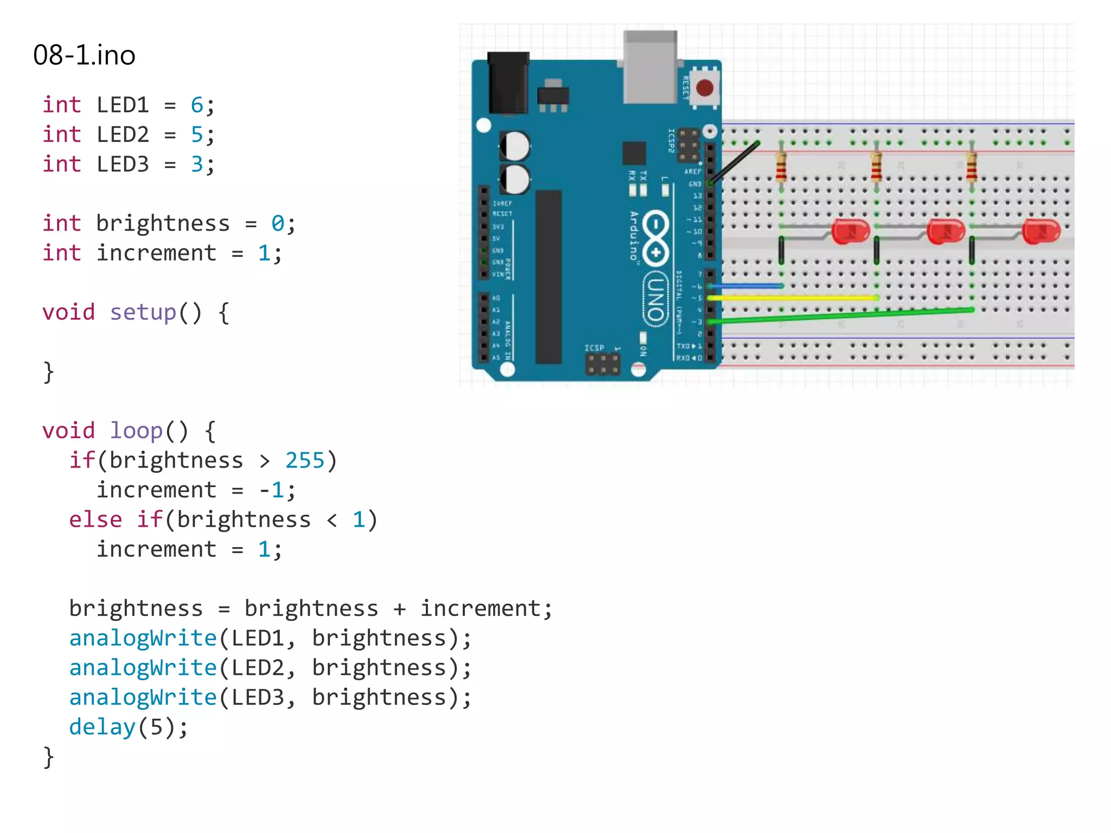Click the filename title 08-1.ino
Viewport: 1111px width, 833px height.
click(84, 55)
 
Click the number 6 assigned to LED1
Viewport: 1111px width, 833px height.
click(196, 105)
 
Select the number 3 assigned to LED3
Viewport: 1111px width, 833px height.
click(196, 164)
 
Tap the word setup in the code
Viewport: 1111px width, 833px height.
click(143, 312)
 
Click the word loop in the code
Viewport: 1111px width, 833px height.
click(136, 431)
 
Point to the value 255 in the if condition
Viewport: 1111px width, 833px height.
click(304, 460)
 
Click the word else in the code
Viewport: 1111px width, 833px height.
click(95, 520)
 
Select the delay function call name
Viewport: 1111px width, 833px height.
click(102, 727)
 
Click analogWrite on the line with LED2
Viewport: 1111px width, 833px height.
click(143, 668)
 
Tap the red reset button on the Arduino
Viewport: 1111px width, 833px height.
click(704, 88)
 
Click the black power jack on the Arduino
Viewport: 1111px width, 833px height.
click(508, 82)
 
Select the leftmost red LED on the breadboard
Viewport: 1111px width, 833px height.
click(850, 232)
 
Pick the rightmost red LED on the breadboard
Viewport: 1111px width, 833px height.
click(1040, 232)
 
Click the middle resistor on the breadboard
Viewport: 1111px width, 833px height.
click(876, 166)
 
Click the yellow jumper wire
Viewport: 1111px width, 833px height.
click(792, 298)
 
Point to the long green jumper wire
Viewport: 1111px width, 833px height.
click(841, 316)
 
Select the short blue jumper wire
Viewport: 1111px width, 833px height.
click(746, 286)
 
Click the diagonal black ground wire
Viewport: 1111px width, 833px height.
click(733, 163)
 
